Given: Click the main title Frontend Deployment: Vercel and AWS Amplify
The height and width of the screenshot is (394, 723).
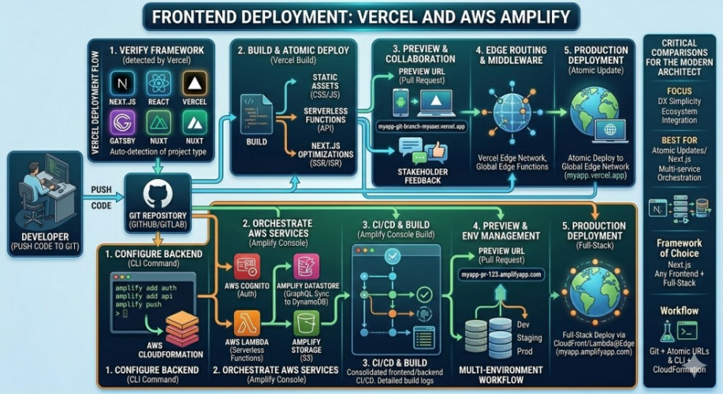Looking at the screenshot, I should click(361, 17).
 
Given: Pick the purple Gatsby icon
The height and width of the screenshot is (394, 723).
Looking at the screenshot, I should click(122, 123).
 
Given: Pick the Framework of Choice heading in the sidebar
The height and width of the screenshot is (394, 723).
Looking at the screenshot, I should click(680, 249).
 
